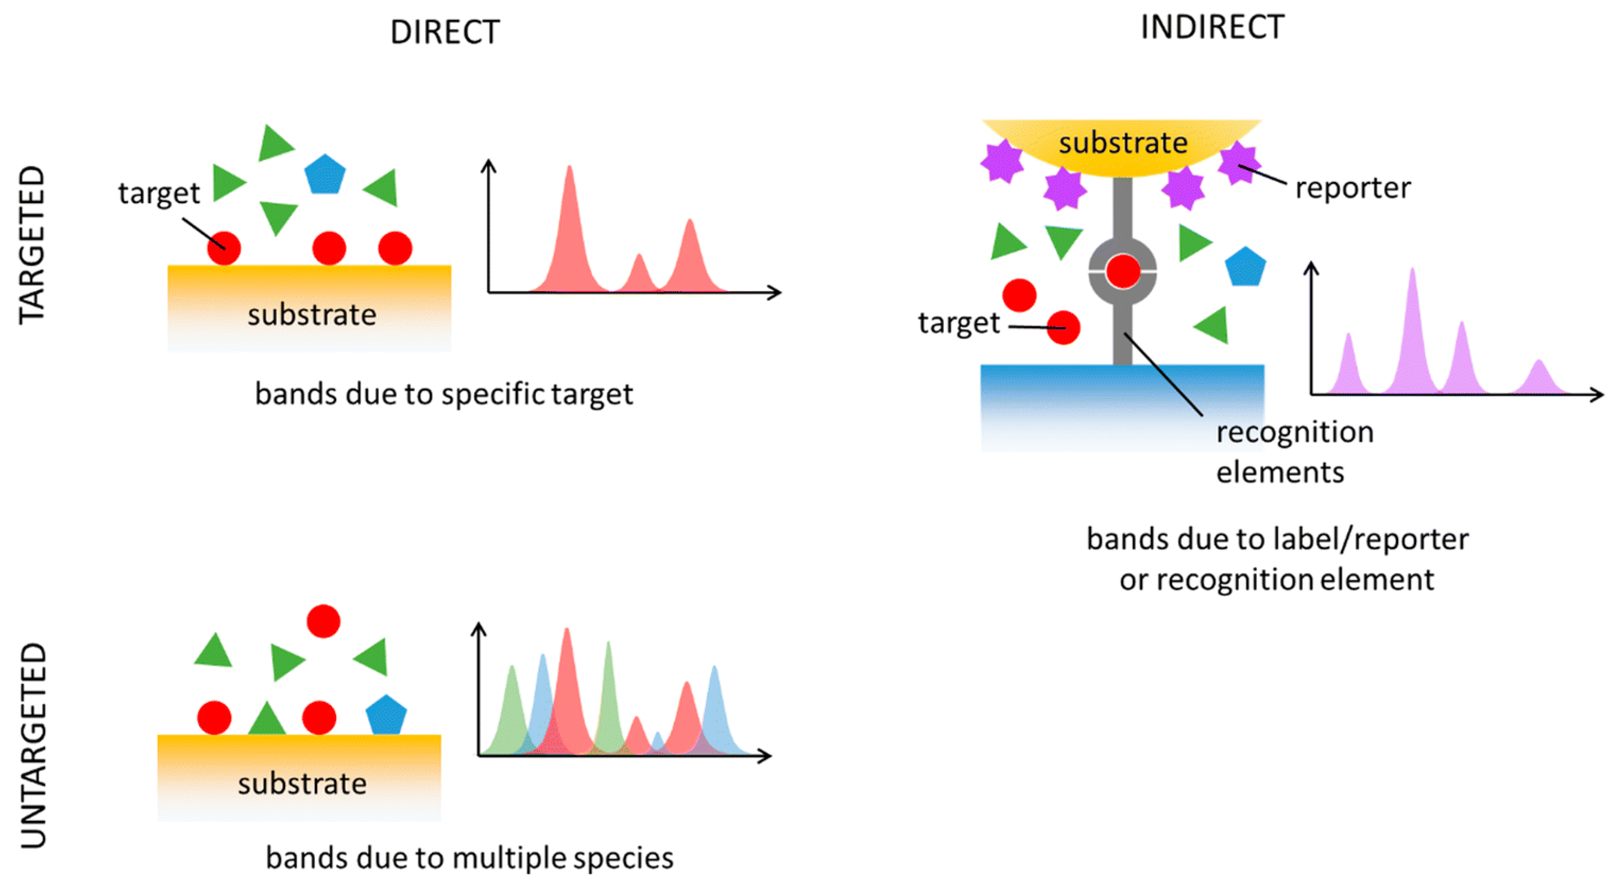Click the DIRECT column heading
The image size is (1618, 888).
click(x=445, y=32)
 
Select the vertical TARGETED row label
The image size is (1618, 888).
click(x=32, y=245)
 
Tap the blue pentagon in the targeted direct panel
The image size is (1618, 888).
click(x=325, y=174)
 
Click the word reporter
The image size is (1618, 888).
click(x=1353, y=188)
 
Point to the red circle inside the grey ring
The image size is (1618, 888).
click(x=1123, y=271)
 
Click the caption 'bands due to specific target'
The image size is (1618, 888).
click(x=443, y=394)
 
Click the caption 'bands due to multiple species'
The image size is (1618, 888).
click(x=469, y=858)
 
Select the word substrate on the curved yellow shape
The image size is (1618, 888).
click(x=1123, y=143)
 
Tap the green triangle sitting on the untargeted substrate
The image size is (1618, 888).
click(x=267, y=720)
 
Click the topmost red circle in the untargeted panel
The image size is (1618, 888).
click(x=324, y=621)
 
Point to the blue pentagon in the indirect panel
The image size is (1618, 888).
click(x=1245, y=267)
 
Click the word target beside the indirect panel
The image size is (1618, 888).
click(x=959, y=323)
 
